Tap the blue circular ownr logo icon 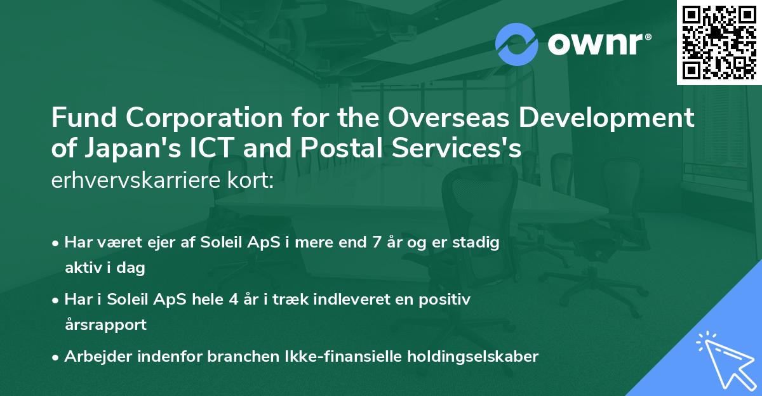(x=516, y=44)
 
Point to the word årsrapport (x=105, y=325)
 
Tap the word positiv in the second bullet (x=448, y=300)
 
